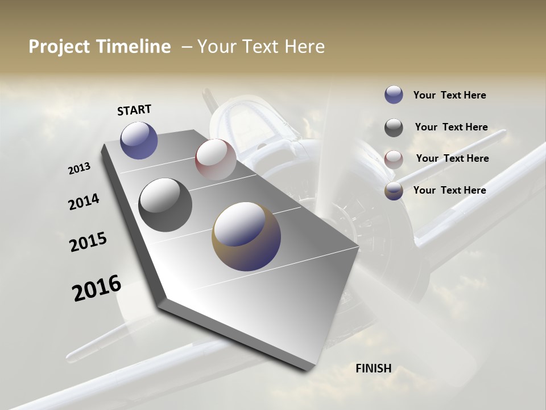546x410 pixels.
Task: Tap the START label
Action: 134,110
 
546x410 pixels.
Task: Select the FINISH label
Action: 373,368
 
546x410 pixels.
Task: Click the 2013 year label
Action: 79,169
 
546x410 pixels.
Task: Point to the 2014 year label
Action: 84,202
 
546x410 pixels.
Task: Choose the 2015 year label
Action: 88,243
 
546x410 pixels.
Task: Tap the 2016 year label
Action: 97,288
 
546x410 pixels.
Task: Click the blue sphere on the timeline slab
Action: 139,140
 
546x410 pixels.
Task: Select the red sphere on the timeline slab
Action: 216,159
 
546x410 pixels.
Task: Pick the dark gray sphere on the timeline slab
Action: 166,204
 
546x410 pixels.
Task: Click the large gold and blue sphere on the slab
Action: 246,236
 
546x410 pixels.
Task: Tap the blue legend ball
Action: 394,95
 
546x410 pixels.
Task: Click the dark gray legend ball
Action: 394,128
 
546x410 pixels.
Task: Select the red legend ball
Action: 394,159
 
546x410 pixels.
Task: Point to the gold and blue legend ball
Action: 394,191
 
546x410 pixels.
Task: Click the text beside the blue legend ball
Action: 449,95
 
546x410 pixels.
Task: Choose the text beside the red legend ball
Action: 452,158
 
